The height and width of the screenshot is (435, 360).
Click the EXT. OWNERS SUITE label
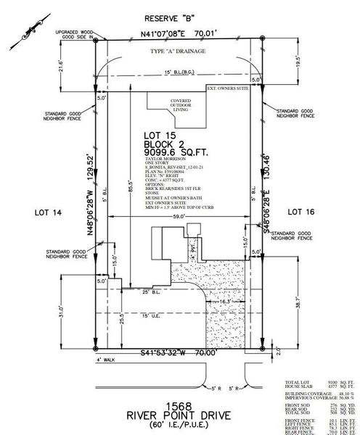point(232,88)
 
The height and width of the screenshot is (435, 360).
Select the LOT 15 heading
point(162,135)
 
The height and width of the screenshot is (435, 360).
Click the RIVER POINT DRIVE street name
point(179,414)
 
